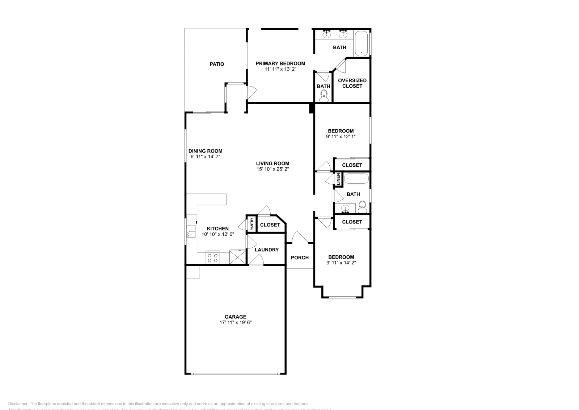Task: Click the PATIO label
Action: click(x=217, y=64)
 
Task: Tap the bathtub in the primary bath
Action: click(x=361, y=43)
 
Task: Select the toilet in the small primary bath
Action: click(x=324, y=95)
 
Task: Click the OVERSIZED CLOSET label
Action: click(x=352, y=83)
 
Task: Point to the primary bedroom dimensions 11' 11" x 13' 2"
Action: click(x=280, y=69)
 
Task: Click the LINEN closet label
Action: click(x=338, y=179)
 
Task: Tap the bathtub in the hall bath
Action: click(x=356, y=179)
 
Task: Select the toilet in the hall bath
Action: click(x=362, y=208)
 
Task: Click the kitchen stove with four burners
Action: click(x=212, y=258)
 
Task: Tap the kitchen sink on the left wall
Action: click(x=190, y=230)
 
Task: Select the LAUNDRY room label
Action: click(x=267, y=250)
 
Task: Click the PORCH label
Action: click(x=300, y=258)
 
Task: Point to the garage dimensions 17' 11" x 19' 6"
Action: click(x=236, y=322)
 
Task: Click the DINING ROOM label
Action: click(x=206, y=151)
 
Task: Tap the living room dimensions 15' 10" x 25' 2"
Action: click(x=272, y=169)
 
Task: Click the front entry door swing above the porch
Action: click(x=299, y=237)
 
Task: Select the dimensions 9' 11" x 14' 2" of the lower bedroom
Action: click(x=341, y=263)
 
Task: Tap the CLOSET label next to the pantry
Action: click(x=270, y=225)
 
